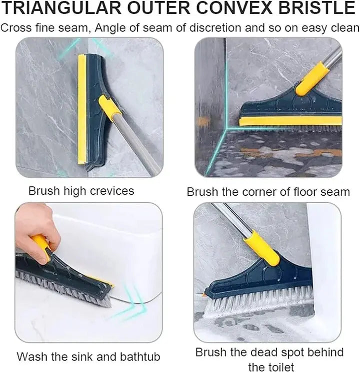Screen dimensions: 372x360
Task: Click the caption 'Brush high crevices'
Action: pos(81,190)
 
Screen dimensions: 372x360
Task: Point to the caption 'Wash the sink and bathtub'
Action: pos(88,357)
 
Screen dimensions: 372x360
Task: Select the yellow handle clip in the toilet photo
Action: pos(261,248)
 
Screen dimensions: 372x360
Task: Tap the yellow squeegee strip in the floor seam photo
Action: pos(290,121)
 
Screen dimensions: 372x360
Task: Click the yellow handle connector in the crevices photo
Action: pos(107,107)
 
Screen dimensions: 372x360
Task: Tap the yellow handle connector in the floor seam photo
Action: pos(312,78)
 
